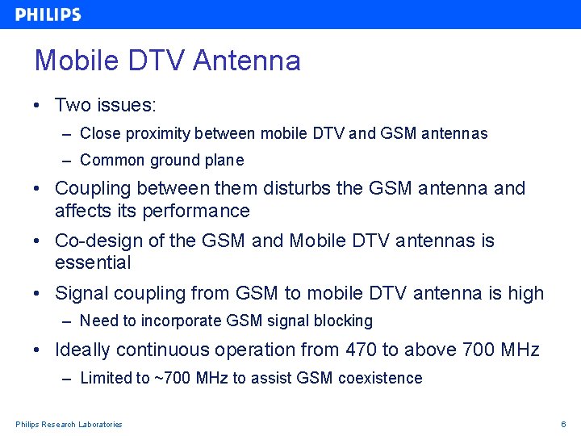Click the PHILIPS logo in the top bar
click(48, 15)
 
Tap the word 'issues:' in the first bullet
click(128, 105)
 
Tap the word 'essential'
click(93, 262)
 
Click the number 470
click(362, 350)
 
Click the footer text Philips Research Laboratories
click(69, 425)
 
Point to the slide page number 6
click(564, 425)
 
